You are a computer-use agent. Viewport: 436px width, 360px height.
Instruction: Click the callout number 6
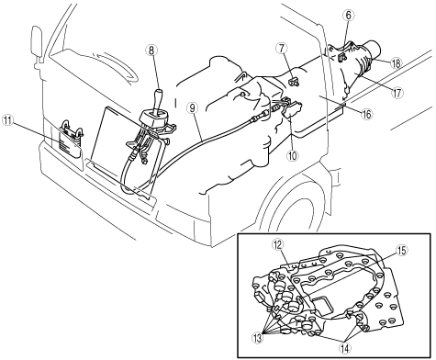349,16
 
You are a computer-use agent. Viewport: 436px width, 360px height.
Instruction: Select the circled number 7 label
282,49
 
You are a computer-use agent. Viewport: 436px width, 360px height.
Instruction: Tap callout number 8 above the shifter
151,51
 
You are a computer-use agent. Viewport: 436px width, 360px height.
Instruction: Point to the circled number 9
192,107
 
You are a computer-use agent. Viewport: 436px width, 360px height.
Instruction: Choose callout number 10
292,155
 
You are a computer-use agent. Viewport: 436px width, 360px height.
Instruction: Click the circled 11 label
8,120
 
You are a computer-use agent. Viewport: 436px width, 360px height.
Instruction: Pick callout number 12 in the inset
278,244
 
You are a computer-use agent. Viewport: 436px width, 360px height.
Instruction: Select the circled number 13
257,338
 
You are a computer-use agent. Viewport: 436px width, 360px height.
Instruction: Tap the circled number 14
345,348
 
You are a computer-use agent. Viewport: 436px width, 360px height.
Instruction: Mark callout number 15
401,251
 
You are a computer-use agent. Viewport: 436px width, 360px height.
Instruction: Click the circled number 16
366,114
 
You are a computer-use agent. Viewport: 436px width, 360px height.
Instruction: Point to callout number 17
397,93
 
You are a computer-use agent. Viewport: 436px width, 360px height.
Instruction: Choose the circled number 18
396,63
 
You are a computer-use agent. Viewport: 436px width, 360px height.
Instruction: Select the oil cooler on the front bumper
71,140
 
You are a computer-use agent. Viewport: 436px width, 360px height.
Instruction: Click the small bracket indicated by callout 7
295,82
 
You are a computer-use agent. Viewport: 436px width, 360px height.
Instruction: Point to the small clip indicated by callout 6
342,56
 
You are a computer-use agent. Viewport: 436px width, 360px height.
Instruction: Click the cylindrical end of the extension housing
374,50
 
